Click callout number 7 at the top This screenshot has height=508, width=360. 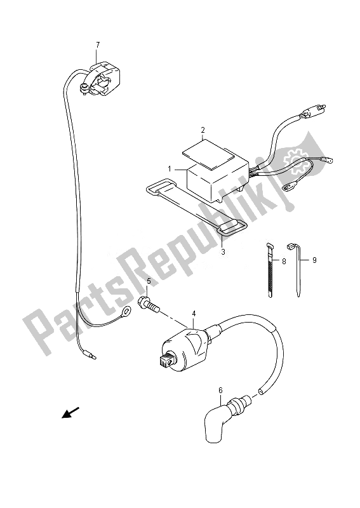[98, 45]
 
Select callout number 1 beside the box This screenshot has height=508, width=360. [170, 169]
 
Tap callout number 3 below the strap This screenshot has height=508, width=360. [223, 251]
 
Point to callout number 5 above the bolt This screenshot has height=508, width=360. [149, 281]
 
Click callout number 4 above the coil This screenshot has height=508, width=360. [194, 313]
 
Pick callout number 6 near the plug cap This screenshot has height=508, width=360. [221, 391]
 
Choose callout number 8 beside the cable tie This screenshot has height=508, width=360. [284, 261]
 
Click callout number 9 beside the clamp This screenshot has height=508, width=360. [314, 260]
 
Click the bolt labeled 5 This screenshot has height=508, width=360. [150, 305]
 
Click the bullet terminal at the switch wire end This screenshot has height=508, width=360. [91, 356]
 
